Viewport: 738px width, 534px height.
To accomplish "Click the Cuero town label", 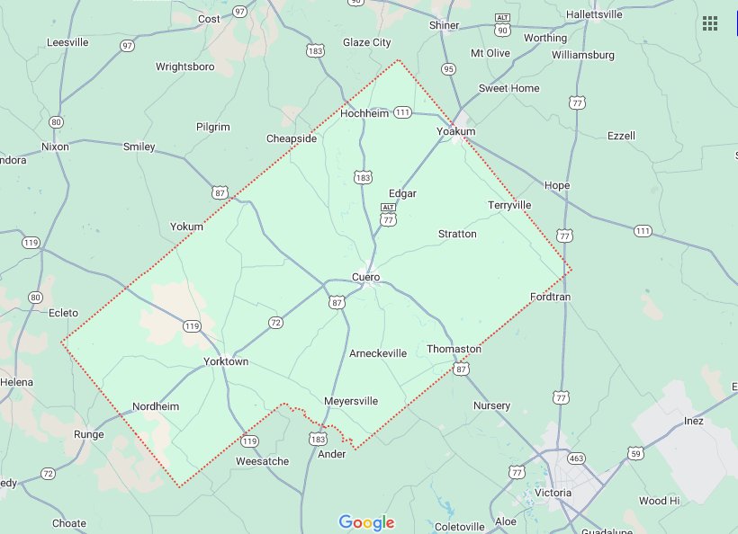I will pos(365,277).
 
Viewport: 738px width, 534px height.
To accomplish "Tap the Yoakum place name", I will pos(455,132).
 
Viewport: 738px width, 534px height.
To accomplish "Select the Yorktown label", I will pos(226,361).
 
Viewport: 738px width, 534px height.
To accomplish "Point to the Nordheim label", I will pos(156,406).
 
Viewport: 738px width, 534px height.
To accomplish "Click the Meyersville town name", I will pos(351,401).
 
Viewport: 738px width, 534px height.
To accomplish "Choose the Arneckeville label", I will pos(378,353).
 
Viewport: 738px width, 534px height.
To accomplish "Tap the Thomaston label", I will pos(454,349).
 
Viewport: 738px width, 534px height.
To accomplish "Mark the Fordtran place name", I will pos(551,297).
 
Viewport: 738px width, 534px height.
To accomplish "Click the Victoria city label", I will pos(553,493).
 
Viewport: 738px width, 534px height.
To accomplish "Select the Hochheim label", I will pos(364,114).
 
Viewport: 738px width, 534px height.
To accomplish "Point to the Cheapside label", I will pos(292,138).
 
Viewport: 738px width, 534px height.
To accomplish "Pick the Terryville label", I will pos(509,205).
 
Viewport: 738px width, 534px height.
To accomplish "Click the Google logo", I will pos(366,522).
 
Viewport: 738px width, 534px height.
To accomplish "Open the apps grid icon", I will pos(710,23).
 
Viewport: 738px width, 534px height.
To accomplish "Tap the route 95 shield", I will pos(448,69).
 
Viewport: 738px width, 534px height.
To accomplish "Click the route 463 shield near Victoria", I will pos(577,458).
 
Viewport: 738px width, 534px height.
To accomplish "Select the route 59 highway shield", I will pos(635,453).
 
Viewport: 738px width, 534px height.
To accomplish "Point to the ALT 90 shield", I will pos(502,25).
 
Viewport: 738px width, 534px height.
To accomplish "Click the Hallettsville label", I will pos(600,14).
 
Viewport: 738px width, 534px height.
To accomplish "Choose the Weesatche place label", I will pos(262,461).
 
